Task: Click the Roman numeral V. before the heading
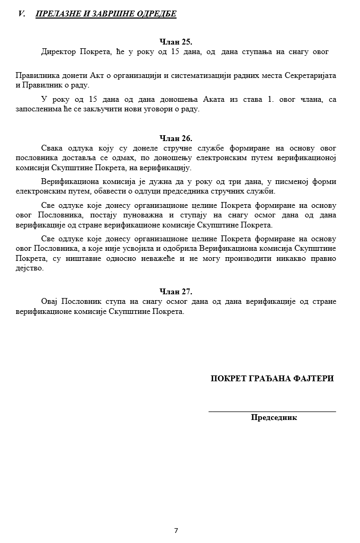click(x=22, y=14)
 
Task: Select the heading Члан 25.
click(x=176, y=41)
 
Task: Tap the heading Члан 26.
click(x=176, y=138)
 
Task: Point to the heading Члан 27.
click(x=176, y=291)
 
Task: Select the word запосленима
click(x=38, y=109)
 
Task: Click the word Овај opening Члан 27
click(x=50, y=301)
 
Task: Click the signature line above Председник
click(x=272, y=411)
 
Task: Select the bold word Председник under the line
click(x=274, y=417)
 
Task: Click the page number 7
click(x=176, y=530)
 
